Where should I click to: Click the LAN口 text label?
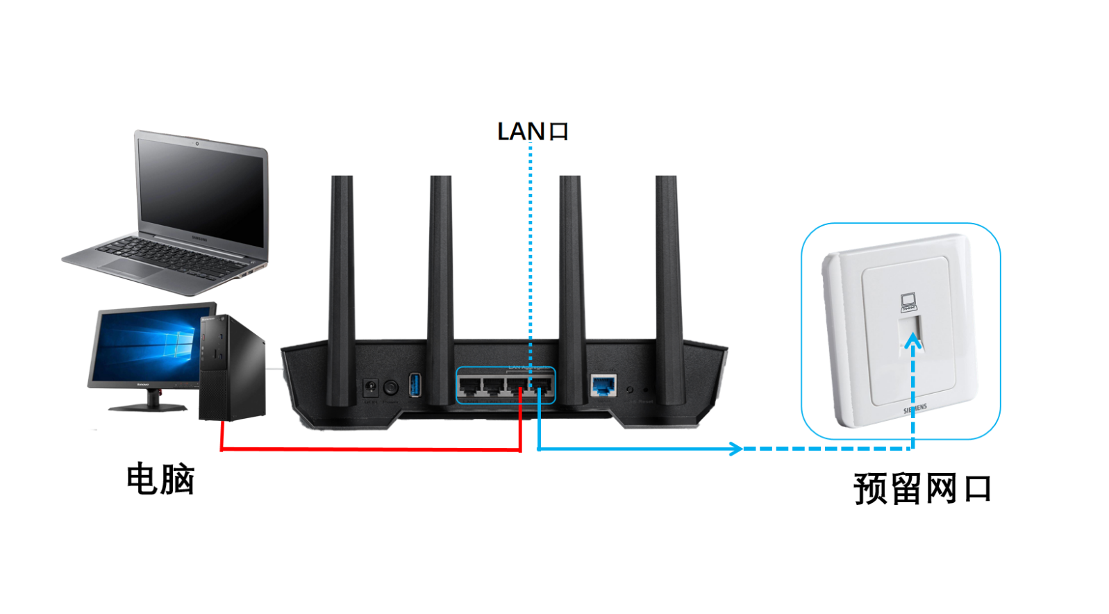(x=533, y=131)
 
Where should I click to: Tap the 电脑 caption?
(x=160, y=479)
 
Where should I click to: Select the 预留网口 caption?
(x=922, y=489)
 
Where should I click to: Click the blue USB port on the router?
(x=415, y=385)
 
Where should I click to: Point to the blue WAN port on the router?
(x=603, y=385)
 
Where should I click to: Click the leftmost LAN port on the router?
(x=470, y=386)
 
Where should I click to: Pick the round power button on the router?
(x=391, y=386)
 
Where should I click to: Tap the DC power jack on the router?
(x=371, y=386)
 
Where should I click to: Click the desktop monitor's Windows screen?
(x=146, y=345)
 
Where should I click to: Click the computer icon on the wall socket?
(x=908, y=302)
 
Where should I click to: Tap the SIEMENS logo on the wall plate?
(x=915, y=409)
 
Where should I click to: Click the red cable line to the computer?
(x=368, y=449)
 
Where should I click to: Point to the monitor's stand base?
(x=148, y=407)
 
